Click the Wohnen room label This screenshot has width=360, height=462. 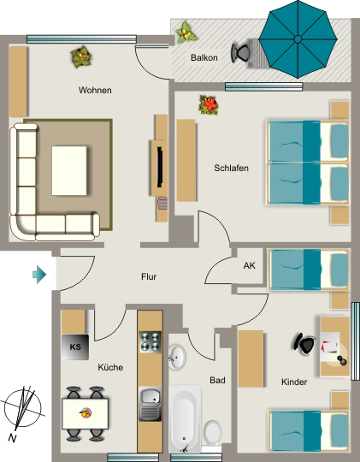[x=95, y=90]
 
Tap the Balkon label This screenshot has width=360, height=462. [x=204, y=57]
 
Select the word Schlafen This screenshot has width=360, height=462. [x=231, y=168]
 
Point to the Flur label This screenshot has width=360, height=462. [x=149, y=276]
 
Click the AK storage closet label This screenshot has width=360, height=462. [x=249, y=265]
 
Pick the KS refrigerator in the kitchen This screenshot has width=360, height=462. [x=75, y=347]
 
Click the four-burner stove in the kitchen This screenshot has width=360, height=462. [x=150, y=341]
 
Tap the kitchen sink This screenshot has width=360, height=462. [x=150, y=404]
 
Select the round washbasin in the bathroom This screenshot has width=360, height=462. [x=177, y=357]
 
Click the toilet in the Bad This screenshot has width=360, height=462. [x=212, y=433]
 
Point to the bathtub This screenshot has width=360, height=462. [x=185, y=419]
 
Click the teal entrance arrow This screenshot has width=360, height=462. [x=39, y=275]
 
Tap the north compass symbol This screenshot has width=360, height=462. [x=22, y=410]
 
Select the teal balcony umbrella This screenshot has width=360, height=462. [x=298, y=39]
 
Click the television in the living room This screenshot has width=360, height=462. [x=160, y=167]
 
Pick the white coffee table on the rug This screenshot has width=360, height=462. [x=69, y=171]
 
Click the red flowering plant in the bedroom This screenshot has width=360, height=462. [x=209, y=105]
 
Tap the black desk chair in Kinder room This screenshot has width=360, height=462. [x=304, y=345]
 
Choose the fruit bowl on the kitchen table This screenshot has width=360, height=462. [x=86, y=413]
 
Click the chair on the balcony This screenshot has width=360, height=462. [x=241, y=53]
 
